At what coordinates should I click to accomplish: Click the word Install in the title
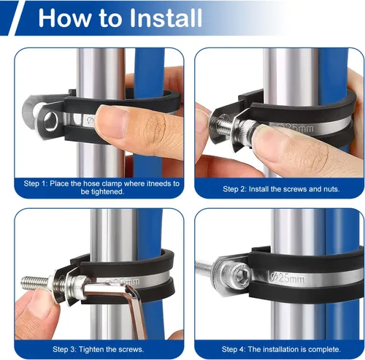click(166, 18)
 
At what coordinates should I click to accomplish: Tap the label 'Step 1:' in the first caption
click(36, 183)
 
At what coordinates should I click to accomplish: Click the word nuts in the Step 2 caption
click(331, 189)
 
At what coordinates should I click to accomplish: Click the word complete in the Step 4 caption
click(327, 350)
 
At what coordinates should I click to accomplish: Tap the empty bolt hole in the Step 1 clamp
click(51, 120)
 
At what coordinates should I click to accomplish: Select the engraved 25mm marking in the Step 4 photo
click(287, 277)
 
